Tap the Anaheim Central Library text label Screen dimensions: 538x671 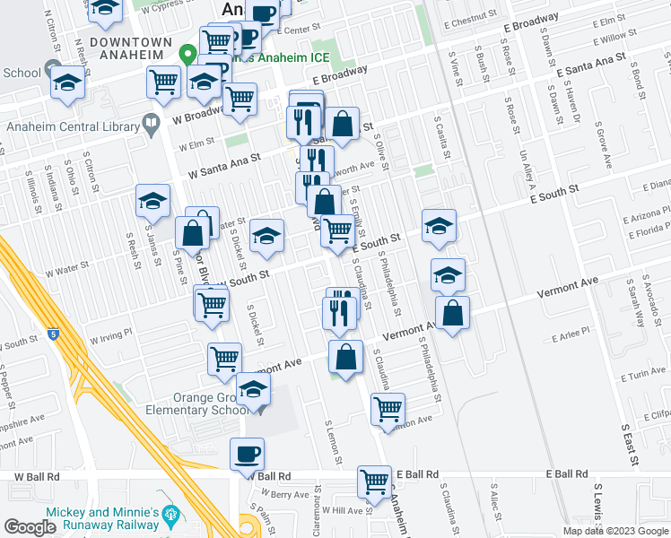click(x=71, y=126)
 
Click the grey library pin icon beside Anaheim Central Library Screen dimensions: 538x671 click(x=151, y=122)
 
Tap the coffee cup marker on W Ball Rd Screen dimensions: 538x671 click(x=247, y=454)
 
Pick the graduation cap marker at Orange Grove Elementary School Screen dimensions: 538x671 click(x=254, y=392)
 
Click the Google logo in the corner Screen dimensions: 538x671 click(x=30, y=526)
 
